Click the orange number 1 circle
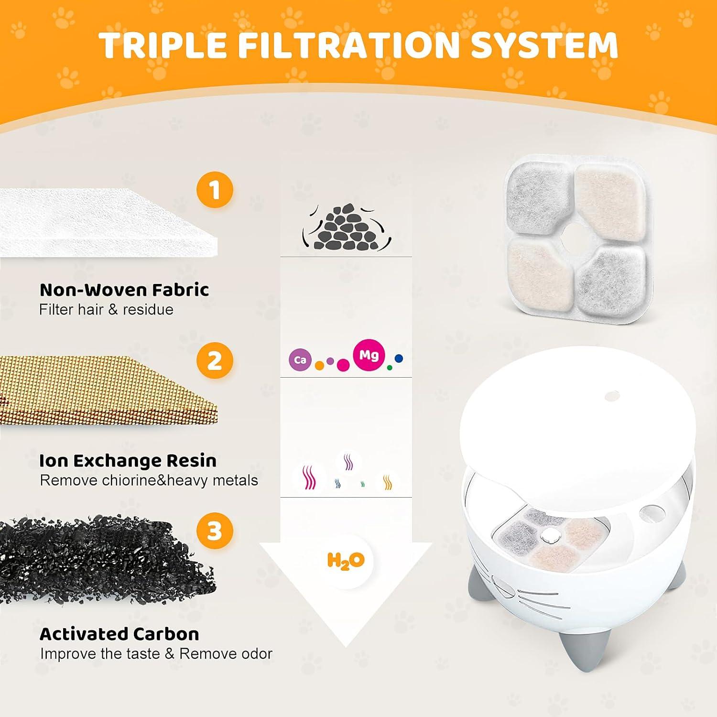coord(215,189)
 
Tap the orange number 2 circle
coord(215,360)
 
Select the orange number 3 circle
coord(215,531)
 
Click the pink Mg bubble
coord(369,355)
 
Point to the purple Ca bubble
coord(300,360)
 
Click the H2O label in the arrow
coord(346,560)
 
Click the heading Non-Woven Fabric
coord(124,290)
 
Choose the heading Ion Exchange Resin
coord(128,460)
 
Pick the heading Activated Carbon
coord(119,634)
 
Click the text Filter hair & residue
coord(106,310)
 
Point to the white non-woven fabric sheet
coord(105,222)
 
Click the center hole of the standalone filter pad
coord(576,237)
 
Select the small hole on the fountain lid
coord(612,396)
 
